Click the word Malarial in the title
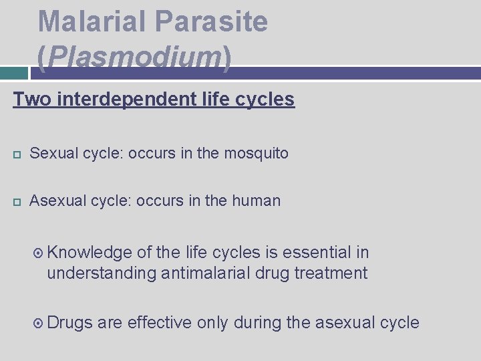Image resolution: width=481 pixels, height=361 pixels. [93, 21]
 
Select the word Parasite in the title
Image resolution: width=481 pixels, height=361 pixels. [212, 21]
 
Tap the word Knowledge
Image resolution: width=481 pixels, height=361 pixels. [90, 252]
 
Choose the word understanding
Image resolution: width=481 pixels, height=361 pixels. [102, 273]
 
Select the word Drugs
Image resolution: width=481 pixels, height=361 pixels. [70, 323]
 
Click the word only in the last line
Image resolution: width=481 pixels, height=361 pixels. [213, 323]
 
